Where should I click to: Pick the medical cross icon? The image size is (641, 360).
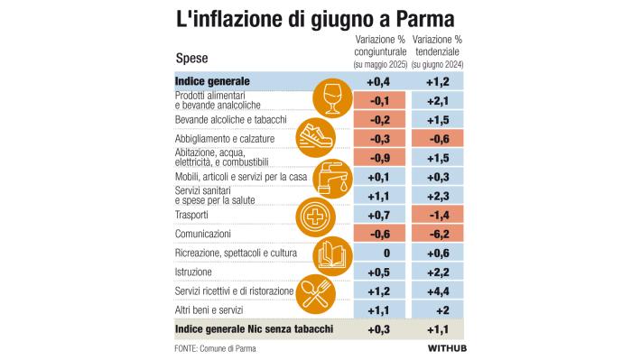click(315, 217)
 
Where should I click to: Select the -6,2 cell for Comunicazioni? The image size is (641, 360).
click(436, 233)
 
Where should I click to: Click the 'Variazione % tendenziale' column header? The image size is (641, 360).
click(436, 53)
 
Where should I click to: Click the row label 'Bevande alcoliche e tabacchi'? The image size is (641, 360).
click(230, 119)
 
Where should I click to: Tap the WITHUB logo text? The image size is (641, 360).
click(440, 346)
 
